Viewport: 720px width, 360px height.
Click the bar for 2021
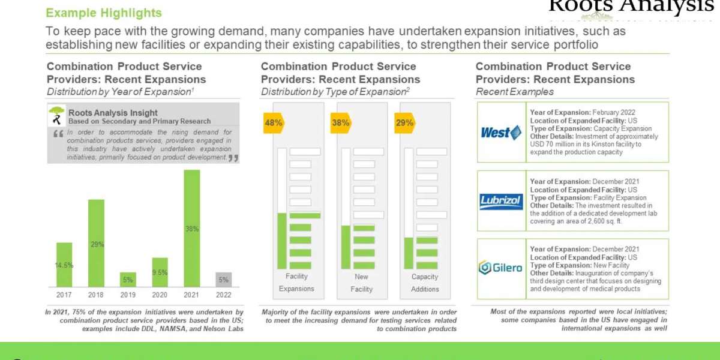coord(191,228)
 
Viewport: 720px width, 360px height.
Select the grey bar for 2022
coord(223,279)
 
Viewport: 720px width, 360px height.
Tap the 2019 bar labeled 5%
coord(128,279)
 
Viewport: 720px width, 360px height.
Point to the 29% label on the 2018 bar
coord(97,244)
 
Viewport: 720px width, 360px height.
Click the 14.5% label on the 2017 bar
coord(64,265)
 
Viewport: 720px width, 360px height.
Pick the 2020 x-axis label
coord(160,294)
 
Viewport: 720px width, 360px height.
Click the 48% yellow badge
coord(274,123)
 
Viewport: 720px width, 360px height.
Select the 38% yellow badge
coord(340,123)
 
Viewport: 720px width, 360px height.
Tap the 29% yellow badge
coord(403,123)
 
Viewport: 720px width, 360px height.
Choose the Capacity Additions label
coord(425,283)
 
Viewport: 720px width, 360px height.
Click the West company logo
coord(501,133)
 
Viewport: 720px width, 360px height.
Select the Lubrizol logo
coord(501,202)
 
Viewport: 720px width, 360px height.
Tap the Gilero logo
coord(501,268)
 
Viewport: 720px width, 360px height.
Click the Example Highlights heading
coord(104,13)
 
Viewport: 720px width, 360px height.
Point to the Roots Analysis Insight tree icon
coord(57,115)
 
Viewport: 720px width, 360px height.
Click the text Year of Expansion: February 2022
coord(582,112)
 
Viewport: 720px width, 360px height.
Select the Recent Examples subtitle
coord(514,92)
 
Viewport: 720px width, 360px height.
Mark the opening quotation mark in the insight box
coord(58,134)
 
